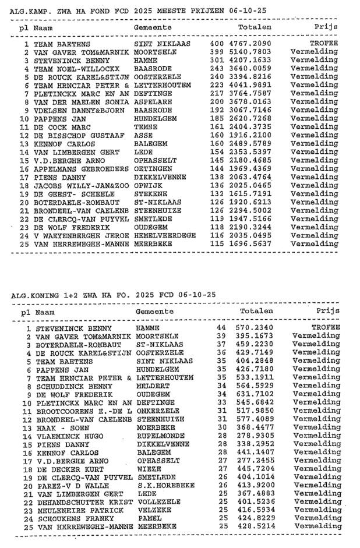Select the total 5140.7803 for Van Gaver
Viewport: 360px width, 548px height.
coord(250,52)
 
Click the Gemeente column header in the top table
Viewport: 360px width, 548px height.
coord(153,27)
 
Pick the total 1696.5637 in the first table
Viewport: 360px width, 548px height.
coord(250,243)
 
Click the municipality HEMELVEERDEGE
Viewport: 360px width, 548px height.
coord(165,235)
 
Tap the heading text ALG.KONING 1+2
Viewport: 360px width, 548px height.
coord(43,295)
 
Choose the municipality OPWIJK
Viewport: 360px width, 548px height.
coord(148,185)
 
